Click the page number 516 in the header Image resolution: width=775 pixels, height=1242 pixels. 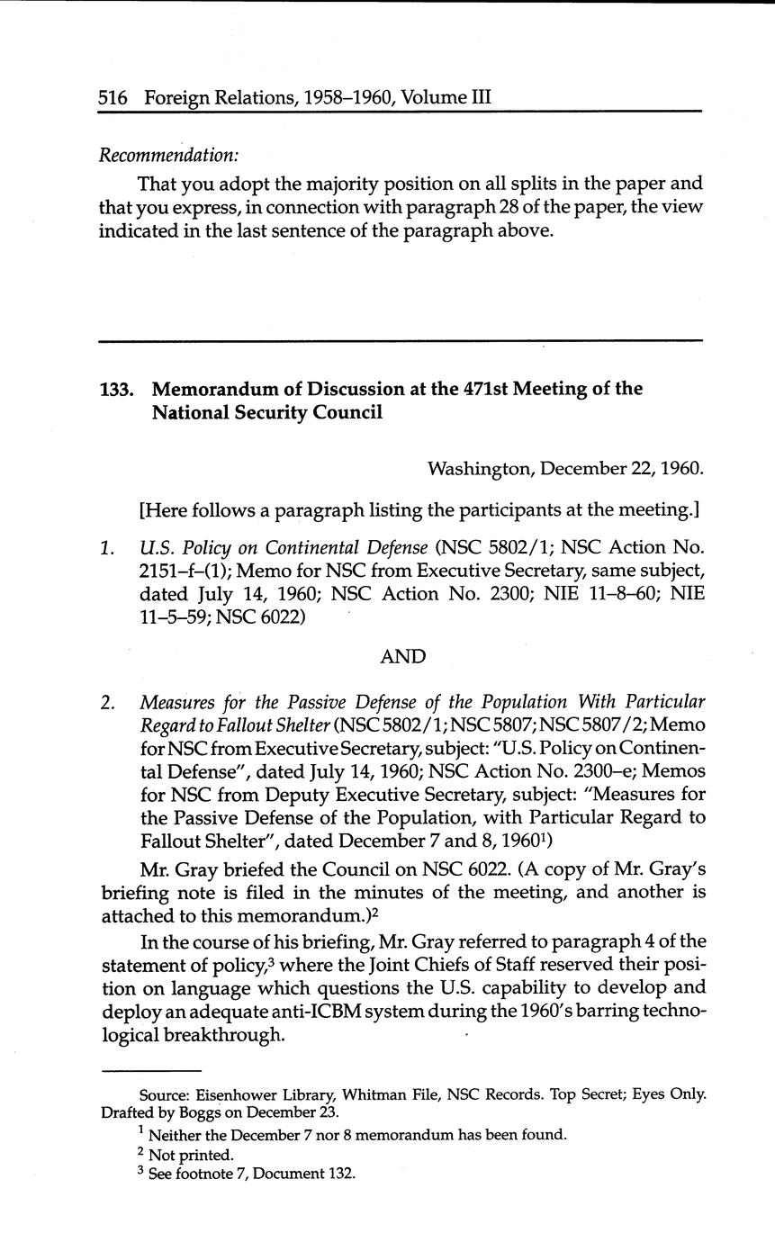pos(115,96)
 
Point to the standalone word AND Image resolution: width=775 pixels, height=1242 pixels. pos(402,657)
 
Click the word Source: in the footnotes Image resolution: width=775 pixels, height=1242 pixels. pos(165,1094)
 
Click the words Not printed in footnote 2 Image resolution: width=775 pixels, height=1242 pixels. pos(191,1155)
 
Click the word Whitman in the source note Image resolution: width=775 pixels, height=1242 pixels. pos(373,1094)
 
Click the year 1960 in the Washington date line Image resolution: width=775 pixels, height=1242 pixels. pos(680,469)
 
